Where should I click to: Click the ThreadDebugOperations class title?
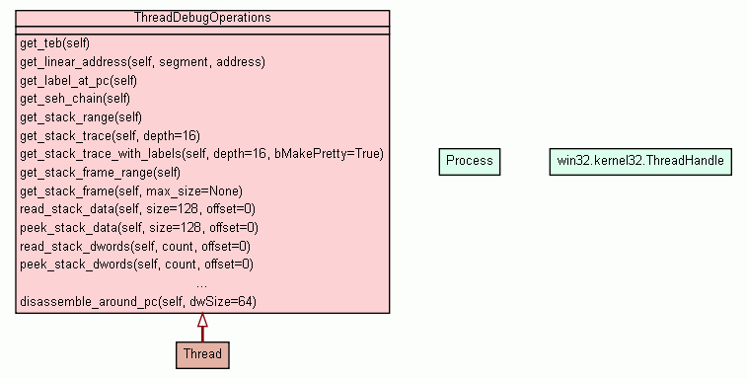click(202, 18)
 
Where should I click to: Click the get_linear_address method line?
click(142, 61)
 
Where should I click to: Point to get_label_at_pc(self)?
click(78, 80)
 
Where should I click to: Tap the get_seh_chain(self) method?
click(75, 99)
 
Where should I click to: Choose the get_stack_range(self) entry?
click(81, 116)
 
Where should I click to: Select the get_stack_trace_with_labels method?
click(201, 154)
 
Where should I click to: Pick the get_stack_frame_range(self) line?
click(100, 172)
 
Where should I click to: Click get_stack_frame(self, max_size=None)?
click(130, 190)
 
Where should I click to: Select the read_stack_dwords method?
click(135, 246)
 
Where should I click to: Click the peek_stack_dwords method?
click(136, 265)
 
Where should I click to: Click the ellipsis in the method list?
click(202, 283)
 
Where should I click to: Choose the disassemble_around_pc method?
click(137, 301)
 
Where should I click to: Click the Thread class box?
click(202, 353)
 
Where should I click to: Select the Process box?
click(469, 161)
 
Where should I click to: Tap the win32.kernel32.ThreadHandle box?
click(640, 161)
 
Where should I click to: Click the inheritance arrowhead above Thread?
click(202, 321)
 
